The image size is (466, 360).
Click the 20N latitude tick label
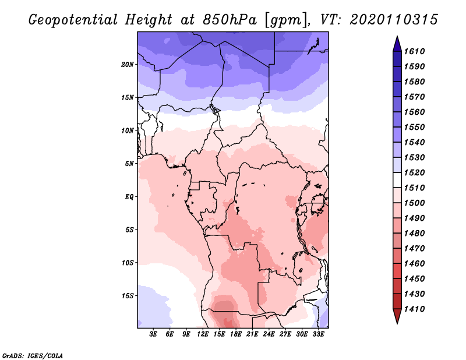[128, 64]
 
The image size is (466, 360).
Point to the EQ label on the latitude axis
[129, 196]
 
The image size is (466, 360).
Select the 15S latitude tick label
[128, 296]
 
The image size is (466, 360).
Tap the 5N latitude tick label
[129, 164]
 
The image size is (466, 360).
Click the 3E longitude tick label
[154, 334]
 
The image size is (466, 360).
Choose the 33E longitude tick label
[318, 334]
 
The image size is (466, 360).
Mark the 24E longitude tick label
[269, 334]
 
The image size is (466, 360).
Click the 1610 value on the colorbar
[416, 51]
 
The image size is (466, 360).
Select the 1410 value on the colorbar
[416, 309]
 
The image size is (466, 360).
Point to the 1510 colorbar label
[416, 188]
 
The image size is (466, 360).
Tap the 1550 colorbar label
[416, 127]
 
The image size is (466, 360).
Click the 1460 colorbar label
[416, 263]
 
